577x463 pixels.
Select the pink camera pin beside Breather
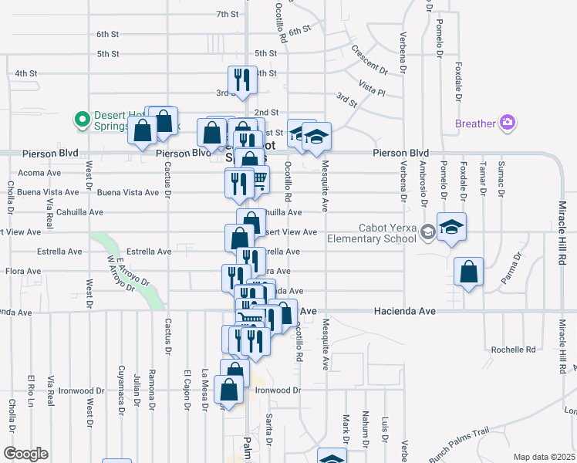507,123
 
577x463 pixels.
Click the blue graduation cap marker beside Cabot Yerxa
451,228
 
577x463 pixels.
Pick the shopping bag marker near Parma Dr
468,272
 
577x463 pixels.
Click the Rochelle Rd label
514,350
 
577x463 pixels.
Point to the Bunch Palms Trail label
460,445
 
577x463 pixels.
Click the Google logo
25,454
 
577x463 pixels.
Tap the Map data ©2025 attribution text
545,456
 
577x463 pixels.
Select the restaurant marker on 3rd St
242,79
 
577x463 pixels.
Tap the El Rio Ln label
32,390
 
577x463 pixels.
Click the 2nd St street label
266,113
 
